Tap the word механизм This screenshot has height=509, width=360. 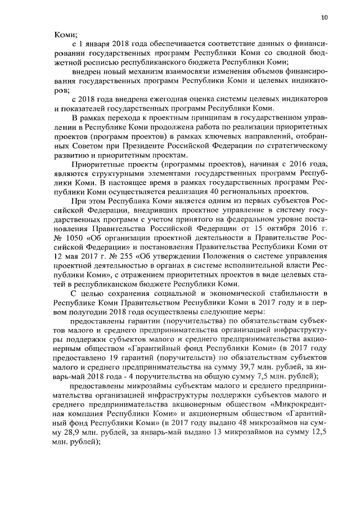[145, 71]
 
